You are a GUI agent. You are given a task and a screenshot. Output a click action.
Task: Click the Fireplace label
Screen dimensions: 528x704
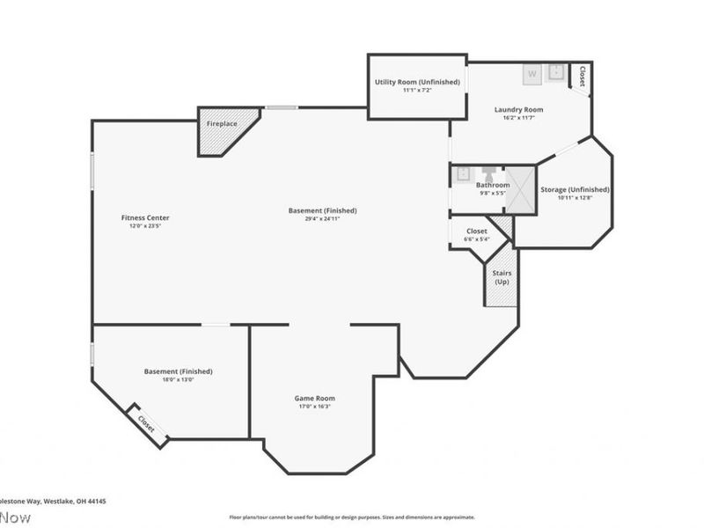pos(222,124)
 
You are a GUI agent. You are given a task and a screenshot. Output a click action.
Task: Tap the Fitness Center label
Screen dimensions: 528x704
pos(145,217)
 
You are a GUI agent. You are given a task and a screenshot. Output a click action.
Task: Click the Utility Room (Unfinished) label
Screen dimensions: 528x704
pos(417,82)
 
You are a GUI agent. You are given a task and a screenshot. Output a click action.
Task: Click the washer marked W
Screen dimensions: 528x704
pos(532,74)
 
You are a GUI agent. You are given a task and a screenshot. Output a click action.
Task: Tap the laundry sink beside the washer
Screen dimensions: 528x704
pos(556,73)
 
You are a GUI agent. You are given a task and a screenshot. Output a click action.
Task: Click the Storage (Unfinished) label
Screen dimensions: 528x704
pos(575,189)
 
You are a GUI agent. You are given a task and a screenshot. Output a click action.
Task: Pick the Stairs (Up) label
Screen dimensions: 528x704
pos(502,277)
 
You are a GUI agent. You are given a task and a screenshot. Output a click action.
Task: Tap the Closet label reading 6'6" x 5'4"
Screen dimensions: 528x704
pos(476,238)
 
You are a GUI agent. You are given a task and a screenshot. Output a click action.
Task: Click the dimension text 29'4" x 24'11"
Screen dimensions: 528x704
pos(322,219)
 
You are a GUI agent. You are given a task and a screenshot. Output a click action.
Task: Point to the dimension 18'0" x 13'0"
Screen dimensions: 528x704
pos(178,379)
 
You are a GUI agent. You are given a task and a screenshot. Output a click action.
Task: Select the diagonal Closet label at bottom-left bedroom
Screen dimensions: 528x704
pos(145,423)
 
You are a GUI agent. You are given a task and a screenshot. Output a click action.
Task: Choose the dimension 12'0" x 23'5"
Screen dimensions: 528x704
pos(145,226)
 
